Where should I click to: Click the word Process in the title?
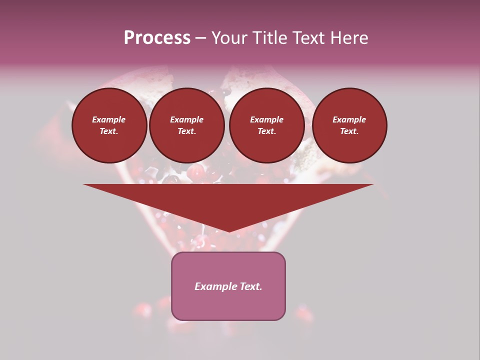coord(157,38)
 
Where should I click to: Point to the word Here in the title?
coord(349,38)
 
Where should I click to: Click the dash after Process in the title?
coord(200,38)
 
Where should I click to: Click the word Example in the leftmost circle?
coord(109,119)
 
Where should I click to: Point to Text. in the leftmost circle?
coord(109,131)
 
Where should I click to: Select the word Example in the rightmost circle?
coord(349,119)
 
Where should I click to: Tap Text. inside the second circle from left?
coord(187,131)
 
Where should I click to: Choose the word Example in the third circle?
coord(267,119)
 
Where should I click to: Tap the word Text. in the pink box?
coord(251,286)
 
